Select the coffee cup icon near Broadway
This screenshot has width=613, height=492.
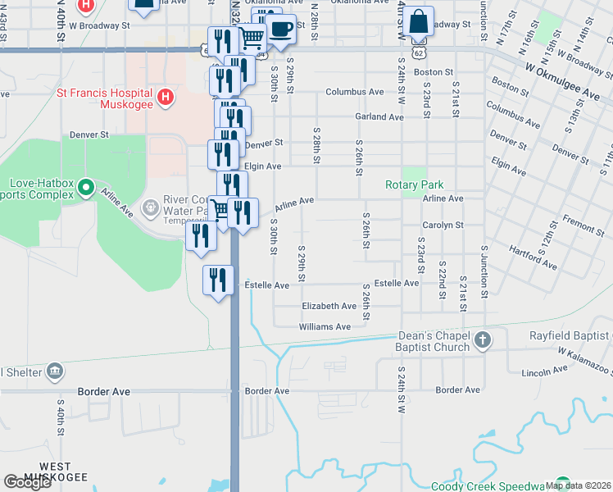[282, 30]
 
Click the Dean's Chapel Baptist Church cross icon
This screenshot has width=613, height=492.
[483, 340]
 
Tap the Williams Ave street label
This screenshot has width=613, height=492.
[325, 326]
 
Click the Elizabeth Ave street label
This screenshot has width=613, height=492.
[329, 306]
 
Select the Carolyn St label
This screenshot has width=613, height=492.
[443, 225]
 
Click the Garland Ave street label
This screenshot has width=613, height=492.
[379, 117]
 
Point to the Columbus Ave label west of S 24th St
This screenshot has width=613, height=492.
[354, 92]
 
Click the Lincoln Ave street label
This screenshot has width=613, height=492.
[544, 371]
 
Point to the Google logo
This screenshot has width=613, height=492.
[27, 482]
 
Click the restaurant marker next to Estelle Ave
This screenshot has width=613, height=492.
[218, 280]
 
